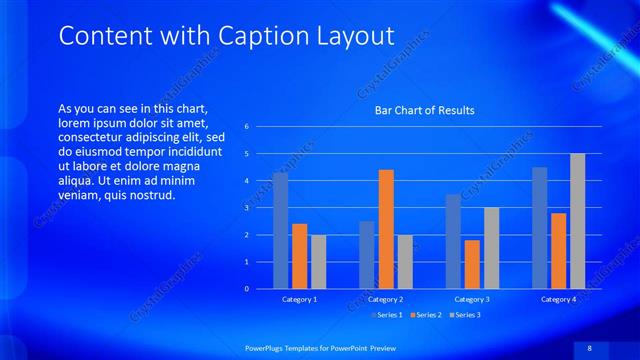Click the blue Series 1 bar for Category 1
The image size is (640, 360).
[x=280, y=231]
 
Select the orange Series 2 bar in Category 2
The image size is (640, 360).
[x=386, y=229]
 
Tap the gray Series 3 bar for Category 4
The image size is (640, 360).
[x=577, y=221]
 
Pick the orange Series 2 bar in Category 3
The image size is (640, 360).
[x=472, y=264]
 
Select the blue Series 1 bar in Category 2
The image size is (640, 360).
[x=367, y=255]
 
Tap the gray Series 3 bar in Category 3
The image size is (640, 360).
[x=491, y=248]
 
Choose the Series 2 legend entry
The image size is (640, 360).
[x=428, y=315]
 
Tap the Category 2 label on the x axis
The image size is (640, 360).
[x=386, y=299]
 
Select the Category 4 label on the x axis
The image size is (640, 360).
[x=558, y=299]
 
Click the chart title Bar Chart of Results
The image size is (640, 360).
[x=425, y=110]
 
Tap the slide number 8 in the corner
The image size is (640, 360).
[x=589, y=346]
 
